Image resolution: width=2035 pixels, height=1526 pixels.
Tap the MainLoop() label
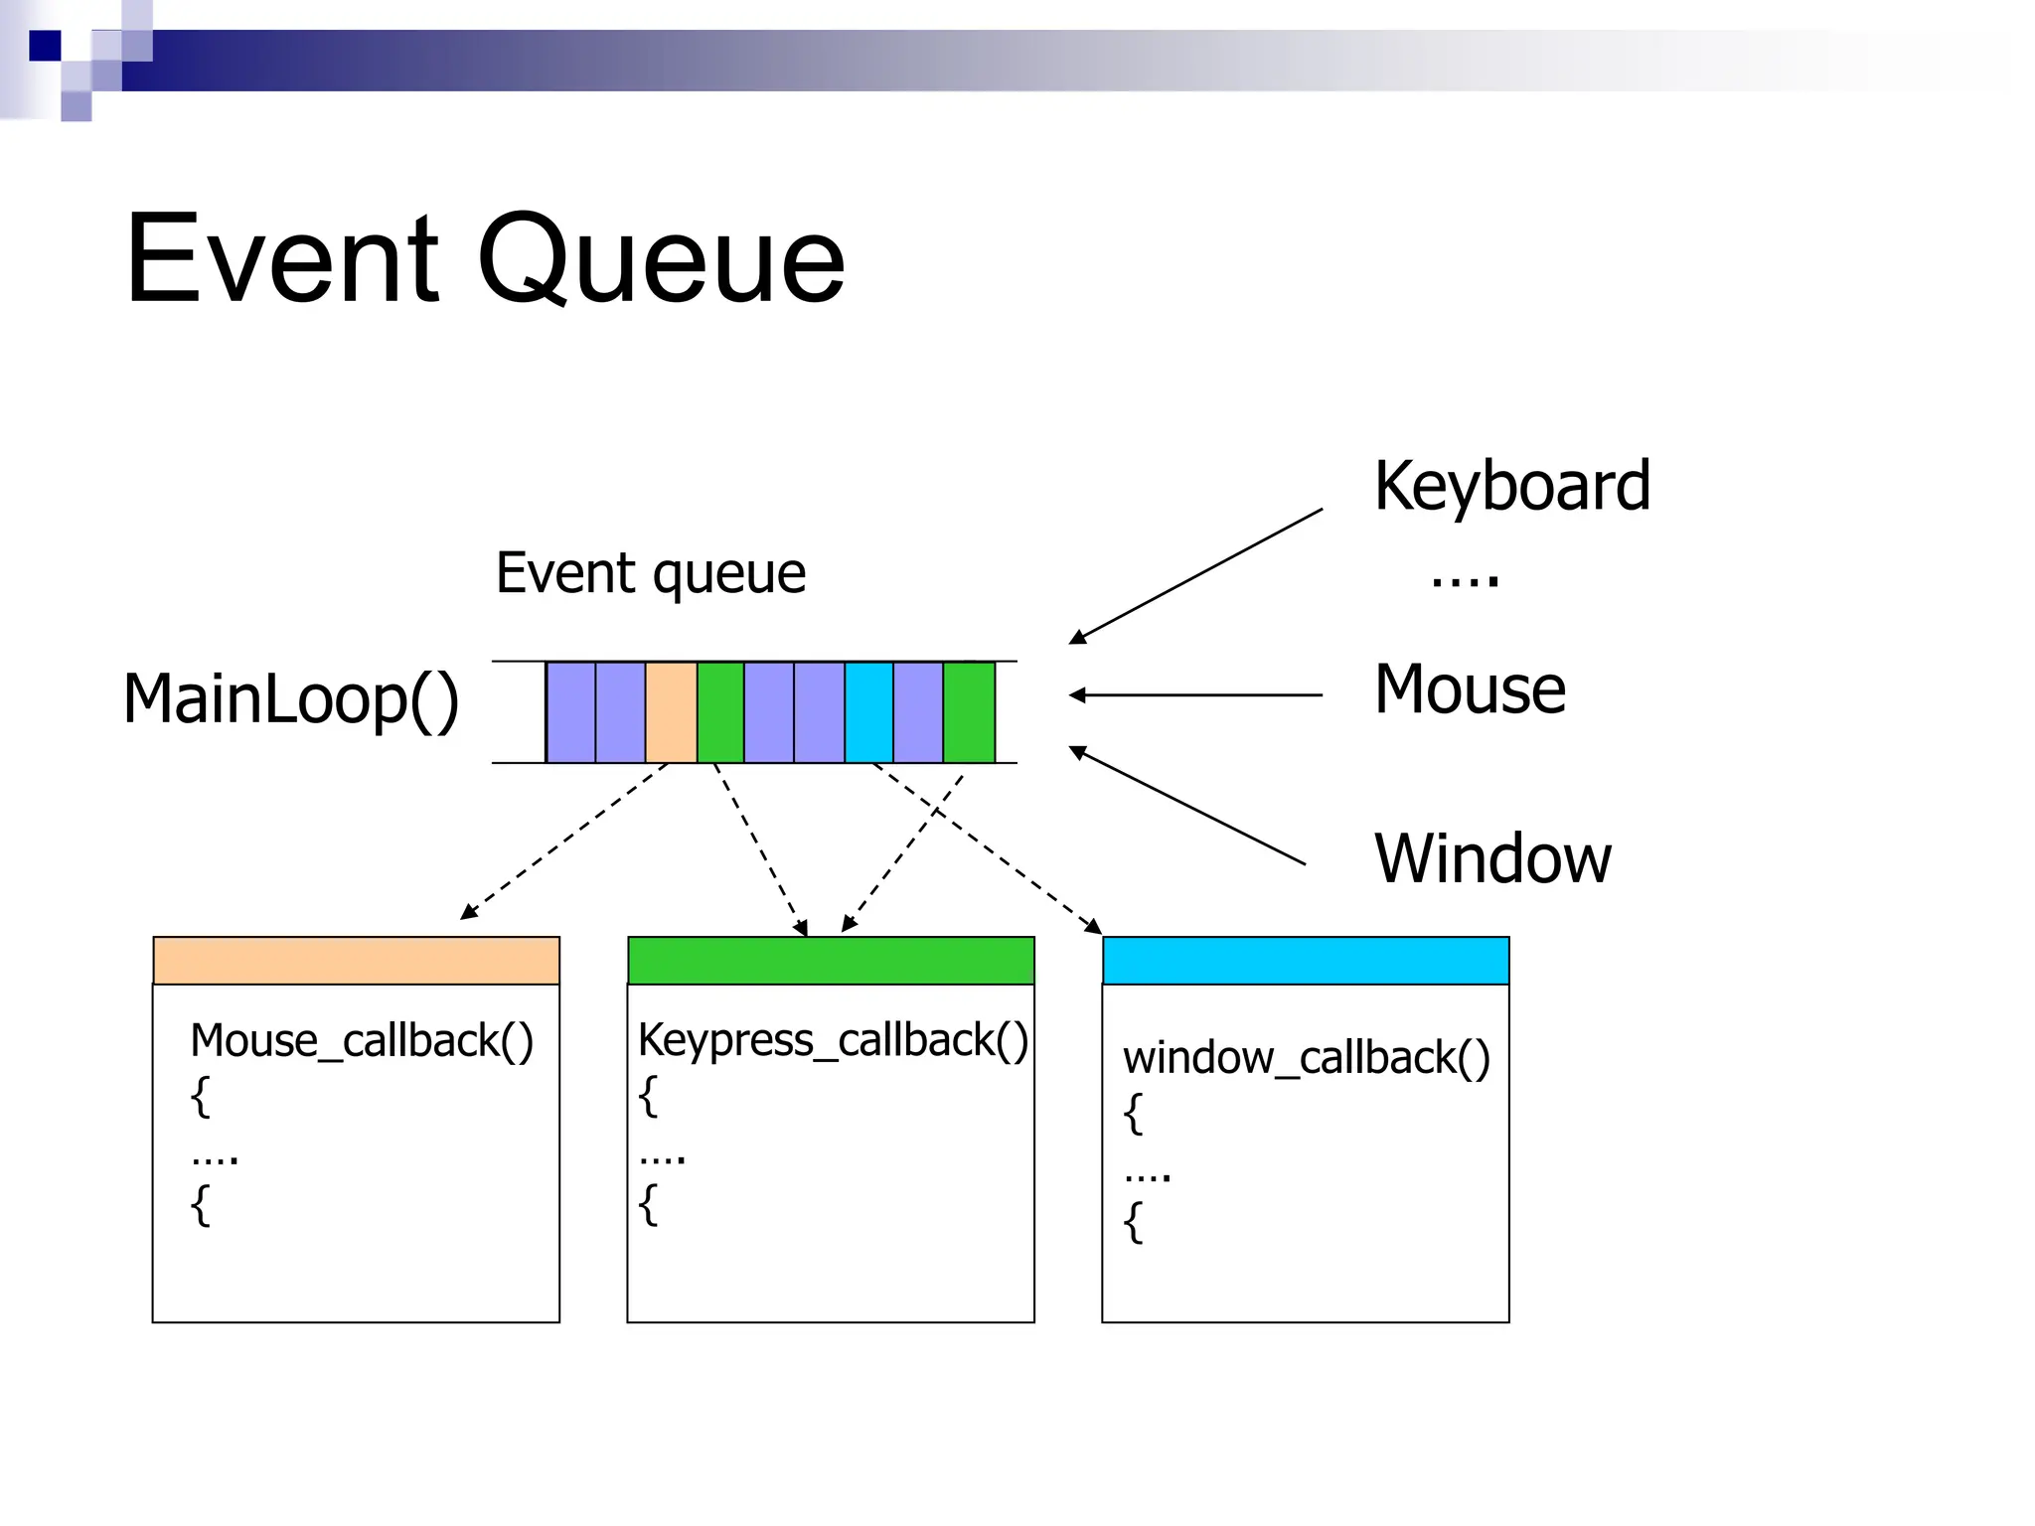pyautogui.click(x=291, y=699)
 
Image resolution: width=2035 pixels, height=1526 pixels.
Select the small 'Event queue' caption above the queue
pyautogui.click(x=651, y=573)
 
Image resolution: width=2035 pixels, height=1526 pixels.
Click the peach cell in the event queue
pyautogui.click(x=671, y=712)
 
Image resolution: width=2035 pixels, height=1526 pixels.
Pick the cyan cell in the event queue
pyautogui.click(x=868, y=712)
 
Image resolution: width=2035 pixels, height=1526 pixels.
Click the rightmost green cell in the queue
pyautogui.click(x=969, y=712)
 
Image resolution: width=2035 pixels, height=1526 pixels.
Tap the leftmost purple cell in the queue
pyautogui.click(x=571, y=712)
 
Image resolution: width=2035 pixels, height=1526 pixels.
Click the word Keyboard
pyautogui.click(x=1511, y=486)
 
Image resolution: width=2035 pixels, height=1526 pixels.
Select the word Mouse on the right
pyautogui.click(x=1470, y=689)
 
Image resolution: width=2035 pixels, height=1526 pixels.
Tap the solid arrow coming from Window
pyautogui.click(x=1187, y=806)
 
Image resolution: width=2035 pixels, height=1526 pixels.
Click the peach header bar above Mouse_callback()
pyautogui.click(x=356, y=960)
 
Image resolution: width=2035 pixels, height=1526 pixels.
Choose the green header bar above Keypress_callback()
pyautogui.click(x=831, y=960)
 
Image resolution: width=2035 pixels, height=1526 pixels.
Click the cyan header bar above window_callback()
pyautogui.click(x=1306, y=960)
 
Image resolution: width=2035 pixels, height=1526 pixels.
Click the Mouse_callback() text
pyautogui.click(x=362, y=1041)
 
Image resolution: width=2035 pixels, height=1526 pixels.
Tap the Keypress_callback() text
pyautogui.click(x=833, y=1040)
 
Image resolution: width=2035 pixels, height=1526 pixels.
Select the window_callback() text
pyautogui.click(x=1306, y=1058)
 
